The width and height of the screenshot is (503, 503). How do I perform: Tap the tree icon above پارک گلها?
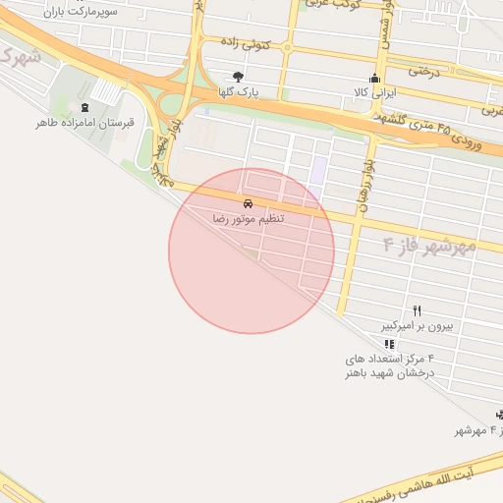tap(238, 76)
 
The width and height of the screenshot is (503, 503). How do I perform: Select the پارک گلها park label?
tap(238, 92)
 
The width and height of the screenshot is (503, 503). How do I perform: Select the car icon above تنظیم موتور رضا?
tap(248, 201)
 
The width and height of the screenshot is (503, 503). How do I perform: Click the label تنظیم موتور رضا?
tap(248, 217)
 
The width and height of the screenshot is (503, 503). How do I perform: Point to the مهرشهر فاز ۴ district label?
tap(429, 245)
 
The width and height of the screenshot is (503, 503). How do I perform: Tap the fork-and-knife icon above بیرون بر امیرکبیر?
tap(417, 309)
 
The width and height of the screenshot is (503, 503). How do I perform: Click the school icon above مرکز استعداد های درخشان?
tap(390, 345)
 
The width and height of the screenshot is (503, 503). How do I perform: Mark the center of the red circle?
tap(251, 251)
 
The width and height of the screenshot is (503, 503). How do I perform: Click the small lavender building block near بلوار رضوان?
tap(318, 170)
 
